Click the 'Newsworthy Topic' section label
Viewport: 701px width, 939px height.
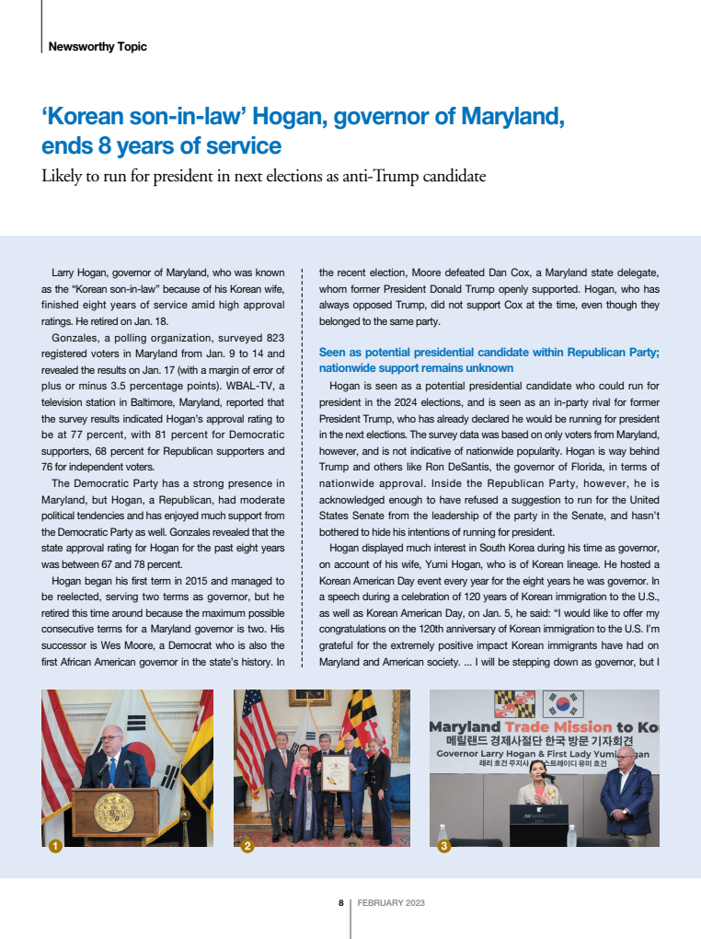[x=98, y=46]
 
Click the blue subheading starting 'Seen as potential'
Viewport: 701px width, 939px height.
[x=488, y=352]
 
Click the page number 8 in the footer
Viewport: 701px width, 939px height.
[x=340, y=903]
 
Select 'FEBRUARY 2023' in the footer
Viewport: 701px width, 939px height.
[x=391, y=903]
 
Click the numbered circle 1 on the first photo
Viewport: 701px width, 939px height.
[x=55, y=846]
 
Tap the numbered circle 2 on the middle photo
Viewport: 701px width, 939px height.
[x=247, y=846]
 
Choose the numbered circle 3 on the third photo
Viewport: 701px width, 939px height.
[x=444, y=846]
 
